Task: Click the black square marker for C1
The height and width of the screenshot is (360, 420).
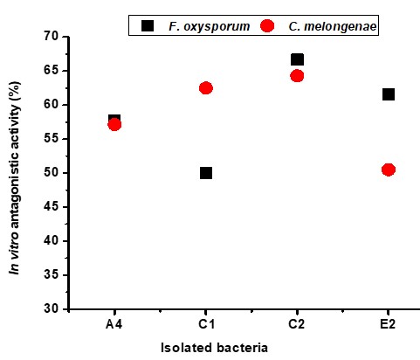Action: coord(206,173)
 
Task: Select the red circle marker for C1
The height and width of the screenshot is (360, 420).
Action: coord(206,88)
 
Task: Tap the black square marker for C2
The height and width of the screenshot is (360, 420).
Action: coord(297,59)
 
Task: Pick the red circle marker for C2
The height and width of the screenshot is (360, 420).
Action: coord(297,76)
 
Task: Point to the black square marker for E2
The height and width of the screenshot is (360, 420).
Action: coord(389,94)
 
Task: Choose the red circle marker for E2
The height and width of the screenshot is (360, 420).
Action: coord(389,170)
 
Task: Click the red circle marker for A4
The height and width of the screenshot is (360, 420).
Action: coord(114,125)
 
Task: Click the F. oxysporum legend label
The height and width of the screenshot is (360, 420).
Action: coord(210,26)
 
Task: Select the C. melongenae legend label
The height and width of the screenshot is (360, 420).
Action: coord(333,26)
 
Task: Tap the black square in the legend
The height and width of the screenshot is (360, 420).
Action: coord(148,25)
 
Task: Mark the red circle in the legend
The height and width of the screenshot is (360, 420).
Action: coord(267,26)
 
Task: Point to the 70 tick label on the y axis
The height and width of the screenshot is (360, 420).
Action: coord(52,37)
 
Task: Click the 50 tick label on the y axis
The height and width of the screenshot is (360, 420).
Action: coord(52,173)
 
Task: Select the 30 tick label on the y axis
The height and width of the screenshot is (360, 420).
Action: coord(52,308)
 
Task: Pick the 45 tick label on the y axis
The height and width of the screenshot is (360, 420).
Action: coord(52,207)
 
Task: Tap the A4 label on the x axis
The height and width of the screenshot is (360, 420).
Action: coord(114,324)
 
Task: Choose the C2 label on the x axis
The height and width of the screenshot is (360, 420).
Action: coord(297,324)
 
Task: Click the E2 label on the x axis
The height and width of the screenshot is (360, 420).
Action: coord(388,324)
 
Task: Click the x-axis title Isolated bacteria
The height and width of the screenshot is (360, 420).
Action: coord(214,348)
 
